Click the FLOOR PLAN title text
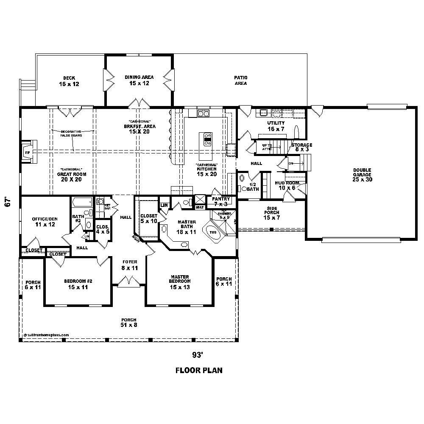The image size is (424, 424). (x=199, y=370)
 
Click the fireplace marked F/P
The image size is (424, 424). (x=28, y=152)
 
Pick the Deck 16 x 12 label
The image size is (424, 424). (x=69, y=81)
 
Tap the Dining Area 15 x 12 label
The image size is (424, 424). (x=139, y=80)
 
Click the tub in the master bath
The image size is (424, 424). (x=213, y=233)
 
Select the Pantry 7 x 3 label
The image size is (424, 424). (x=221, y=201)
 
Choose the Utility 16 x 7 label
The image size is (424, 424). (x=276, y=126)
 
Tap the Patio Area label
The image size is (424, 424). (x=240, y=80)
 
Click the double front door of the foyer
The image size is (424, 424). (x=129, y=282)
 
